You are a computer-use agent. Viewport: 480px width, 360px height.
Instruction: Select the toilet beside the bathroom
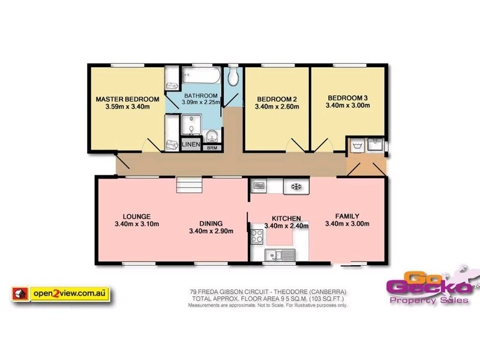coord(233,77)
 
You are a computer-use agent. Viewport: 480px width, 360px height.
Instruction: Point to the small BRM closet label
coord(212,147)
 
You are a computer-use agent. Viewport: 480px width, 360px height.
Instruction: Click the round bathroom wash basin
coord(213,134)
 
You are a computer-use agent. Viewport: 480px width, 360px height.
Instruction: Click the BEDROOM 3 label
coord(347,97)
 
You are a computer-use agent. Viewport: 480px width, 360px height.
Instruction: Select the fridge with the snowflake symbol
coord(295,187)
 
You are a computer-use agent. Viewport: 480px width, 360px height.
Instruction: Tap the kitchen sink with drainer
coord(281,254)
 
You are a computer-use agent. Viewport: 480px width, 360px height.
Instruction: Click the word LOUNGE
coord(136,216)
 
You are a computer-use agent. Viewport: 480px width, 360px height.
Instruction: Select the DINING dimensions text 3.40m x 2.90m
coord(211,230)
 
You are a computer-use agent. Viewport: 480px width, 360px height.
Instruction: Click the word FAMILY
coord(347,216)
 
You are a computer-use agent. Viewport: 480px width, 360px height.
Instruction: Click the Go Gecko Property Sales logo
coord(428,287)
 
